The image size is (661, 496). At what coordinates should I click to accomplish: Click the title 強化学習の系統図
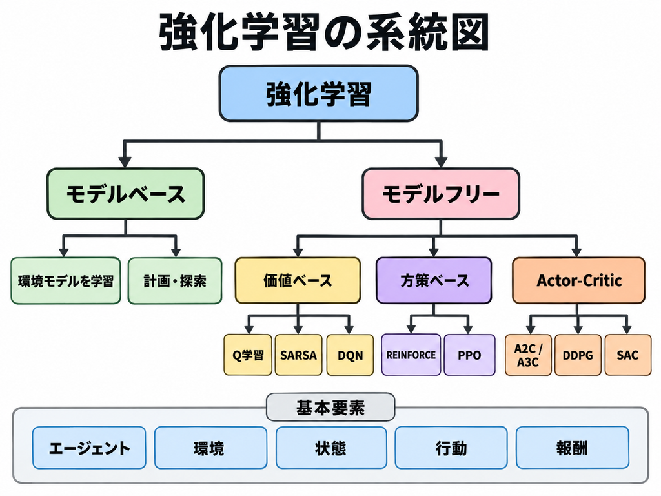(x=324, y=32)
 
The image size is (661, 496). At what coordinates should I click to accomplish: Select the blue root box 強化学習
(x=319, y=94)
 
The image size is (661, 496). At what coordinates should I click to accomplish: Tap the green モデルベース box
(x=126, y=194)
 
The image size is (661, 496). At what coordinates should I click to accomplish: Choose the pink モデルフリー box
(x=441, y=194)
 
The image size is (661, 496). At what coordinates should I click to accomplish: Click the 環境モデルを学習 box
(x=66, y=281)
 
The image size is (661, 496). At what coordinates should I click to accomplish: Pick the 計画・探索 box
(x=175, y=281)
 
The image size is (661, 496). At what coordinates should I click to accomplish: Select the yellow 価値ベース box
(x=298, y=280)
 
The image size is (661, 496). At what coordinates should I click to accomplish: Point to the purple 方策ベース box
(x=434, y=280)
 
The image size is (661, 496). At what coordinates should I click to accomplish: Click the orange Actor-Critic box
(x=579, y=280)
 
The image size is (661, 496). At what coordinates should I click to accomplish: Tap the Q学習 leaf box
(x=248, y=355)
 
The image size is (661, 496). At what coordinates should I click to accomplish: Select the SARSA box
(x=298, y=355)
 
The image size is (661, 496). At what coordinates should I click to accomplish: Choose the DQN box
(x=350, y=355)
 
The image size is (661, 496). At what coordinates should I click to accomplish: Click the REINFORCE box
(x=411, y=355)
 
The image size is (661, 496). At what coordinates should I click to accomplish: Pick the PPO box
(x=470, y=355)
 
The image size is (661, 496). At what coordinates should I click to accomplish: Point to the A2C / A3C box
(x=528, y=355)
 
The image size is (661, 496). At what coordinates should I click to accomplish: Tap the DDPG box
(x=578, y=355)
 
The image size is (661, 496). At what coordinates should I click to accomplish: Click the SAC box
(x=627, y=355)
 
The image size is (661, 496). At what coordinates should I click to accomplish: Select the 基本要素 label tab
(x=330, y=408)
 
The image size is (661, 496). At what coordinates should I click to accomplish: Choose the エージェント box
(x=89, y=448)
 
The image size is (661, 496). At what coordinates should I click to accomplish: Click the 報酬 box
(x=573, y=448)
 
